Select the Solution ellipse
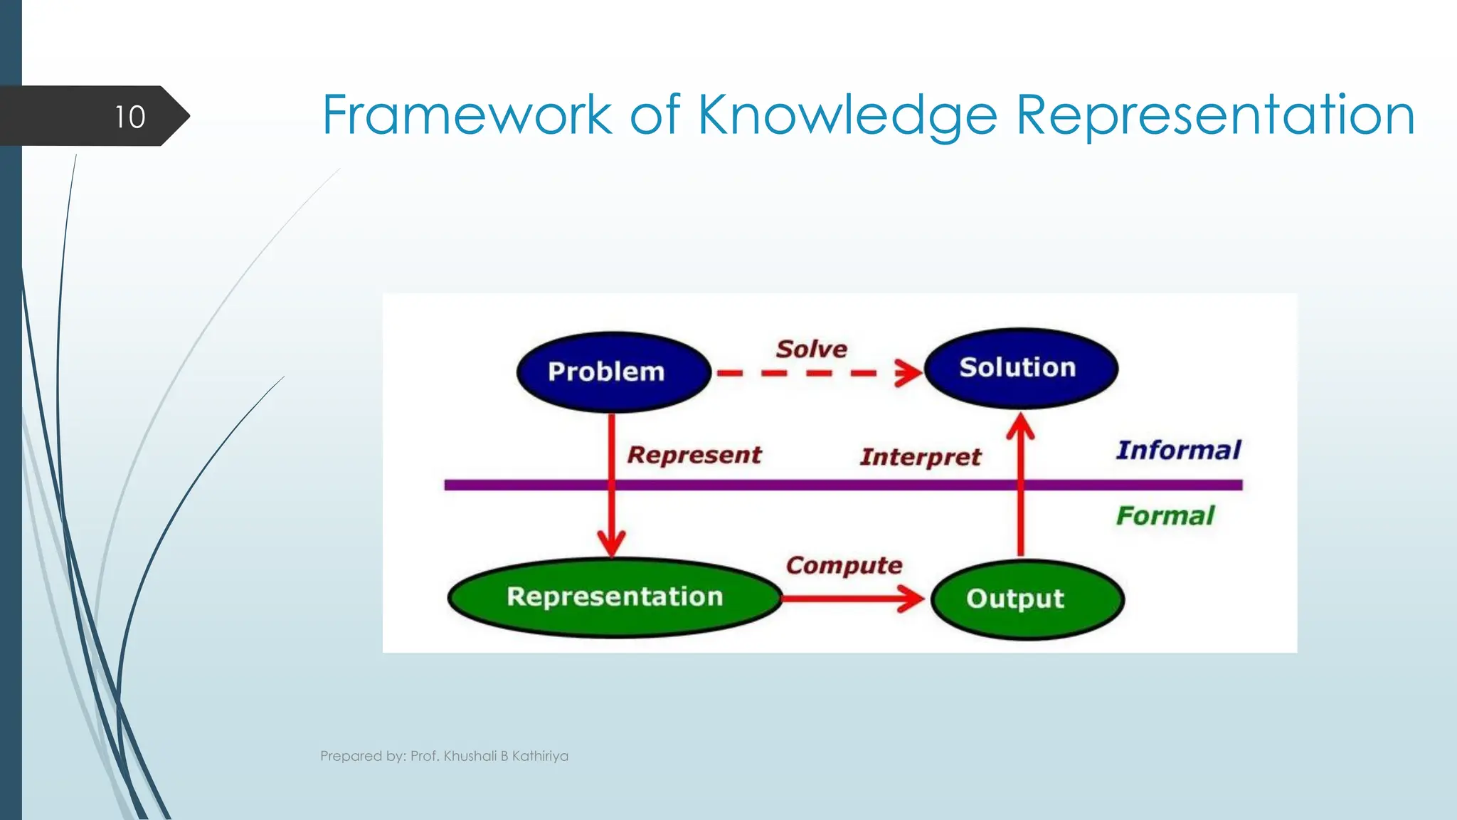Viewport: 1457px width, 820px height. tap(1019, 368)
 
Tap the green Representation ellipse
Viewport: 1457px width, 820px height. tap(615, 596)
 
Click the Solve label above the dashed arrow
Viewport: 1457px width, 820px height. tap(812, 349)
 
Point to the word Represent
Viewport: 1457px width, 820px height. tap(694, 455)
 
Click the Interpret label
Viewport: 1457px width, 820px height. tap(921, 457)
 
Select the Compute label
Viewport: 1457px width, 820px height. tap(844, 565)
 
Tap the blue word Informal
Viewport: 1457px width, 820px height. tap(1178, 450)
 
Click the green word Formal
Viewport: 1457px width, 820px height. tap(1165, 515)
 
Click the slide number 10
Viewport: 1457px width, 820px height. tap(129, 117)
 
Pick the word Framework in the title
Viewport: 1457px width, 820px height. tap(467, 115)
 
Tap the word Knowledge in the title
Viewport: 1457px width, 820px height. tap(847, 115)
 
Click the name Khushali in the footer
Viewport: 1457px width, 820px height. tap(470, 756)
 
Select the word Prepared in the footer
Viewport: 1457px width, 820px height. tap(351, 756)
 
